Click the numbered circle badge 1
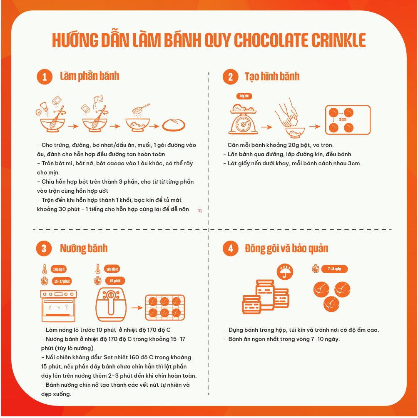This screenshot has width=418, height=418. pos(45,77)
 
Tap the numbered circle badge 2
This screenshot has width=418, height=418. pos(230,77)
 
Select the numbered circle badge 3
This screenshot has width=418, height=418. pos(44,249)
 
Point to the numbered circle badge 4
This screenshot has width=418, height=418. pos(230,249)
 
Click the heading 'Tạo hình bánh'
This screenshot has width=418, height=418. pos(272,77)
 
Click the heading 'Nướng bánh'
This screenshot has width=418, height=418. pos(84,248)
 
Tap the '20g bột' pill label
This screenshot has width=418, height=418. pos(244,96)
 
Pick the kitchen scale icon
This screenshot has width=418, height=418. pos(243,119)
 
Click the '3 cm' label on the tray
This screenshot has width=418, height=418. pos(343,119)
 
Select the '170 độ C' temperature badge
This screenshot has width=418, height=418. pos(59,269)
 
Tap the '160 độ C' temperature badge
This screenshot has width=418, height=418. pos(112,269)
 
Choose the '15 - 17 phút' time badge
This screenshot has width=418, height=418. pos(62,281)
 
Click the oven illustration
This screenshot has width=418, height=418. pos(58,306)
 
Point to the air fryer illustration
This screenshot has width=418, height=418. pos(111,304)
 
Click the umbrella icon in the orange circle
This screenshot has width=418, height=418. pos(285,272)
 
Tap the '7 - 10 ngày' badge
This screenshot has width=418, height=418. pos(334,269)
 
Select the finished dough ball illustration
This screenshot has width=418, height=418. pos(174,125)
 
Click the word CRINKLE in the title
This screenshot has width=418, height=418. pos(338,40)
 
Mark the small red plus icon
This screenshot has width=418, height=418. pos(199,211)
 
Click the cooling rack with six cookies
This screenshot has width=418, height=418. pos(165,307)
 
